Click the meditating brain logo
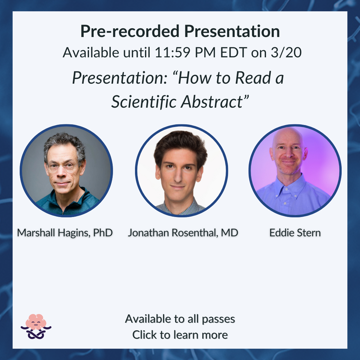click(x=36, y=326)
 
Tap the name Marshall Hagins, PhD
click(x=65, y=233)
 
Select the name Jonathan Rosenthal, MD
click(x=183, y=233)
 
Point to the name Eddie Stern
click(x=295, y=233)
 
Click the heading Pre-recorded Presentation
click(x=180, y=31)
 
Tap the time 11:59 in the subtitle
click(x=173, y=53)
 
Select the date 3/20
click(x=286, y=53)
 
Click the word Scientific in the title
click(x=144, y=102)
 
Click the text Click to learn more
click(x=180, y=335)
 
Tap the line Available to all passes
click(x=180, y=319)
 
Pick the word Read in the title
click(x=253, y=78)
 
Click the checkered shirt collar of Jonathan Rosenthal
click(x=180, y=208)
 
